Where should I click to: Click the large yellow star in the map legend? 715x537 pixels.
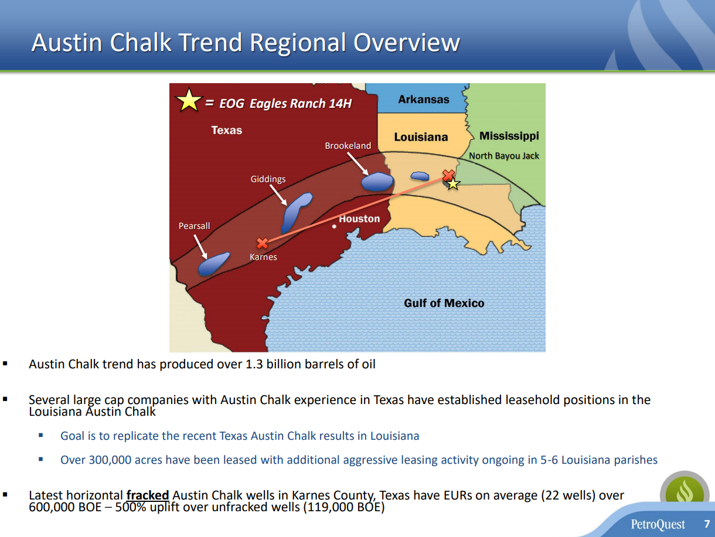pos(189,100)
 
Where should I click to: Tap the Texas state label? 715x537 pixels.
pos(227,130)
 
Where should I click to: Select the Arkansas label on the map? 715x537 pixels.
pos(424,100)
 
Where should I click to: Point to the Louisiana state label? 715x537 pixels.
pos(421,137)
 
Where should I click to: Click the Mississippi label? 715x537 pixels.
pos(509,136)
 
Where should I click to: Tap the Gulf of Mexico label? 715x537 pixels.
pos(444,303)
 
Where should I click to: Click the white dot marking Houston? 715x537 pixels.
pos(334,227)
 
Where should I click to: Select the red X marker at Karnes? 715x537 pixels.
pos(262,243)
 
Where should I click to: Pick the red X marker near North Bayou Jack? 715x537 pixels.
pos(448,176)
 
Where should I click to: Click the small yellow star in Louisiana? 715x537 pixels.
pos(453,184)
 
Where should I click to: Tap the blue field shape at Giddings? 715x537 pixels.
pos(296,212)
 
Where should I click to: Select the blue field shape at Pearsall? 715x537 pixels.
pos(214,264)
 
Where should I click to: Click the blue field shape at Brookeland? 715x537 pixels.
pos(377,182)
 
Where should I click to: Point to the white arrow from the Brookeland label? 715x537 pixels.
pos(357,164)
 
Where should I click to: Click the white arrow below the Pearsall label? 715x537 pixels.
pos(200,247)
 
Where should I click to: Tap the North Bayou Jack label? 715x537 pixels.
pos(504,156)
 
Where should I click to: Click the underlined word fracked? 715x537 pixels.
pos(148,495)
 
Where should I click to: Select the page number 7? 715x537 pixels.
pos(707,524)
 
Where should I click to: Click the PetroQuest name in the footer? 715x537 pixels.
pos(658,524)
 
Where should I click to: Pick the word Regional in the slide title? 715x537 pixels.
pos(298,43)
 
